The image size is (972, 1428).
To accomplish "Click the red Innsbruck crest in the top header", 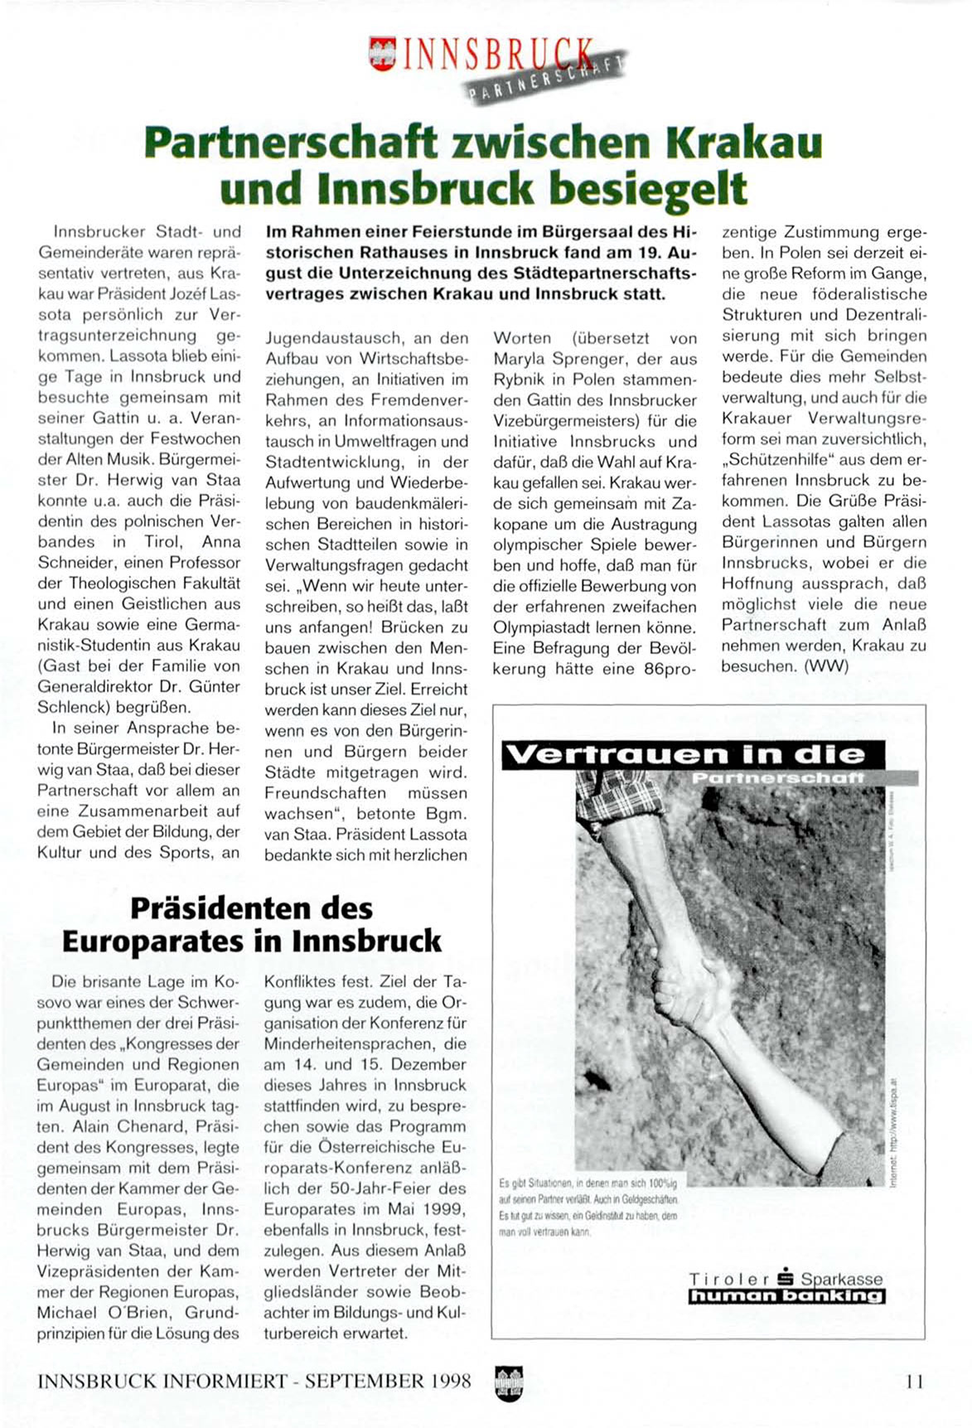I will (x=382, y=54).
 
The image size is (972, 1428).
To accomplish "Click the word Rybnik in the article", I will (x=519, y=380).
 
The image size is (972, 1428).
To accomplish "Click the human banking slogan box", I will (x=786, y=1296).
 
